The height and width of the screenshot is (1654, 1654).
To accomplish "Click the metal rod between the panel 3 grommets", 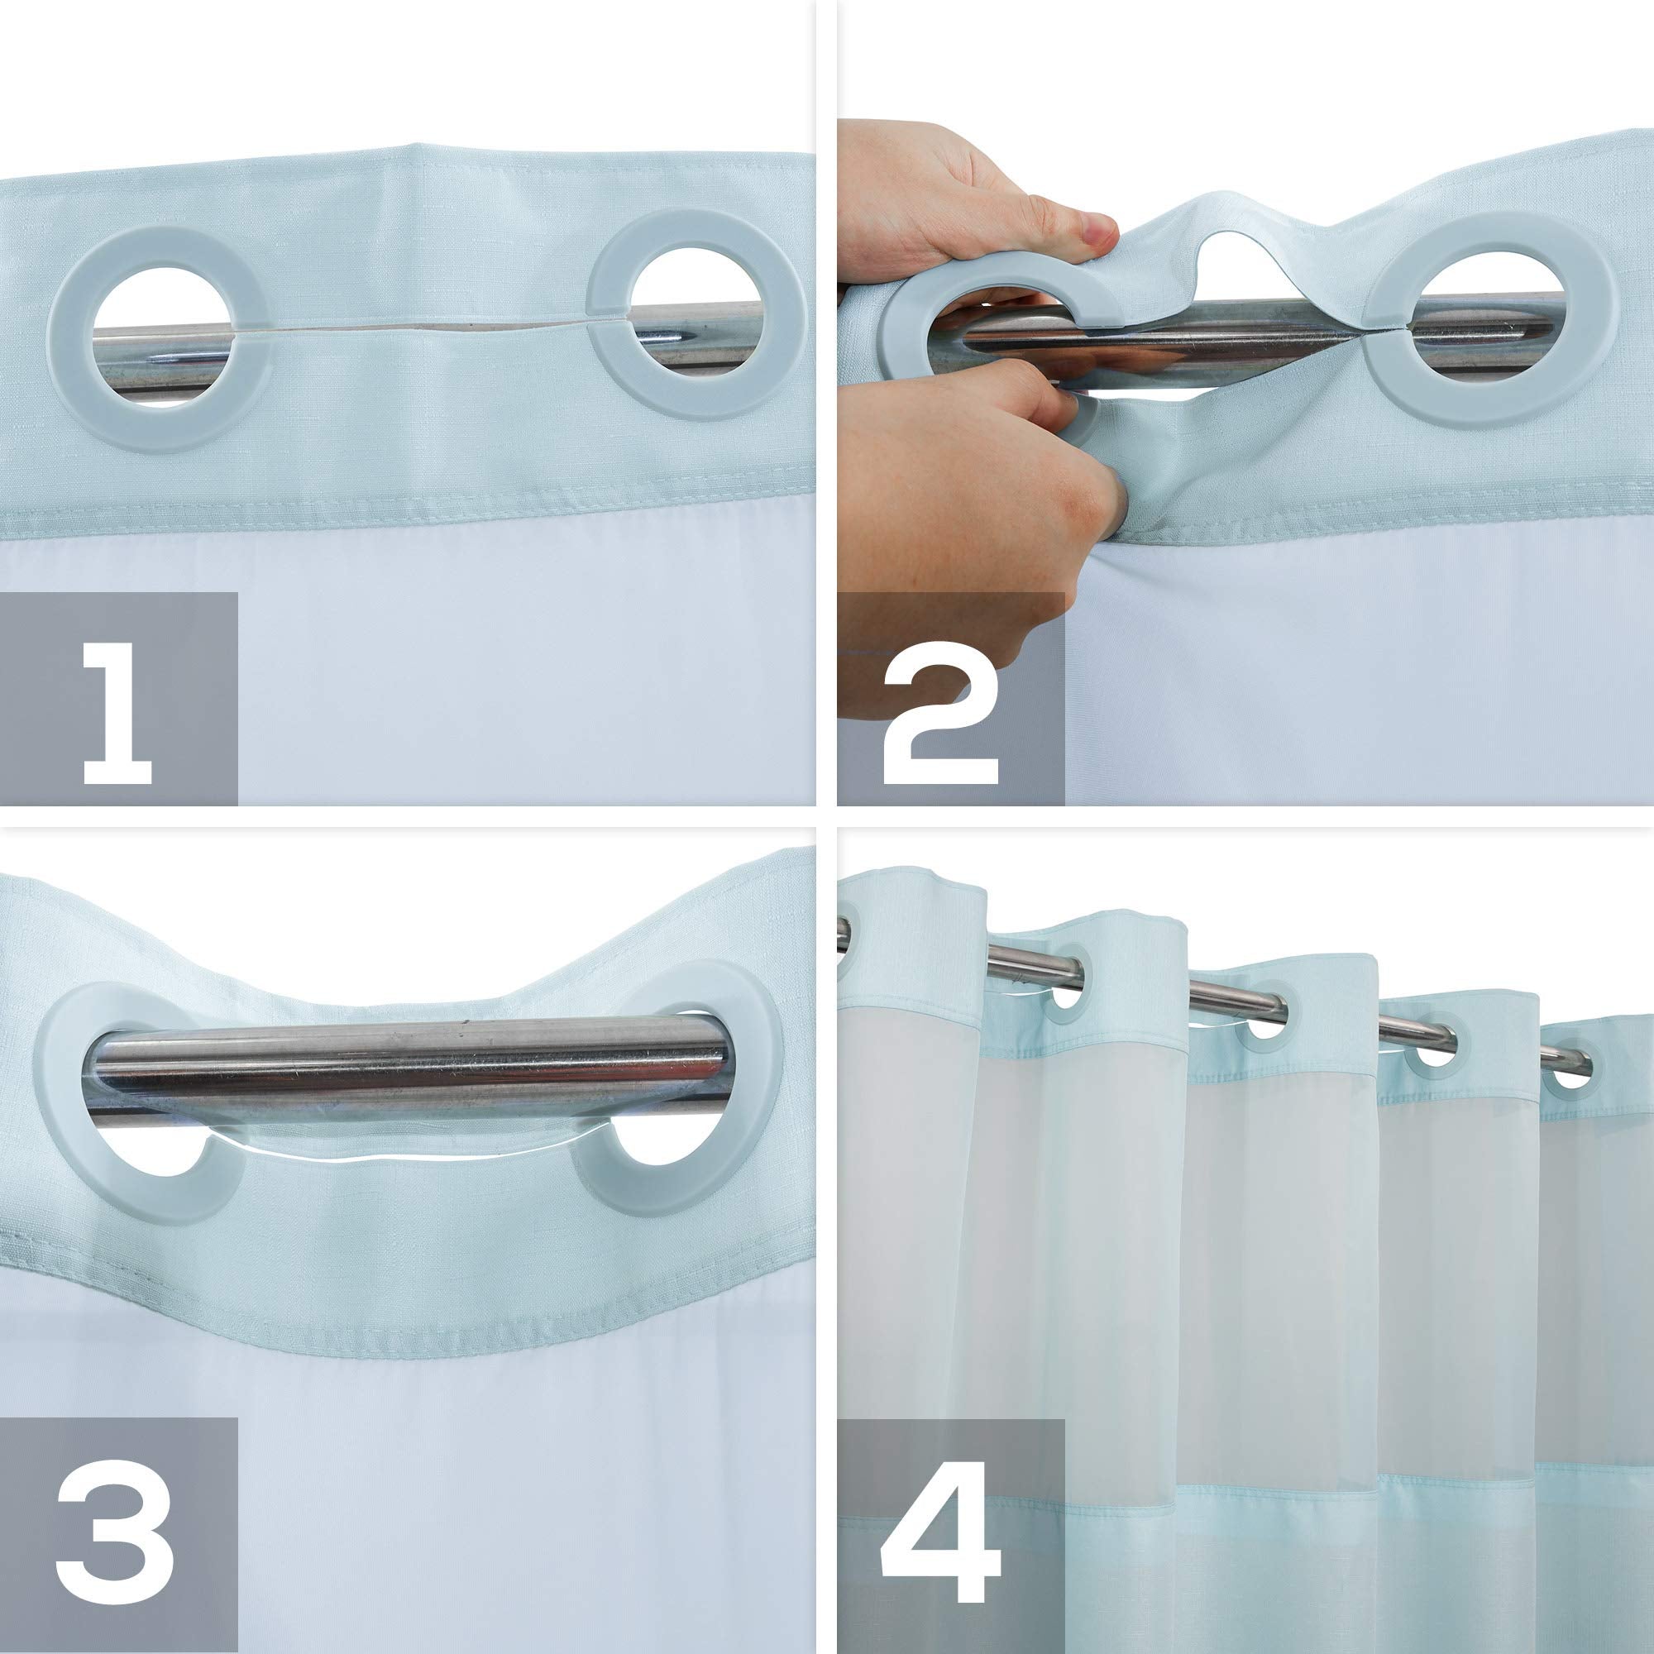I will (411, 1066).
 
